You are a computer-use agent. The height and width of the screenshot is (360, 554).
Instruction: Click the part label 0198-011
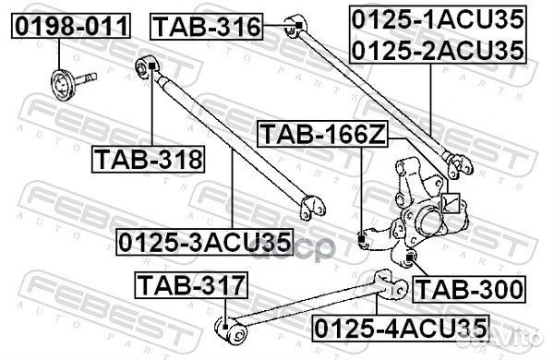[x=69, y=27]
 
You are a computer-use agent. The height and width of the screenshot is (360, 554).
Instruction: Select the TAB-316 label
[x=207, y=27]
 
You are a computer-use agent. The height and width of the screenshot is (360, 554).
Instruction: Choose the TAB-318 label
[x=148, y=161]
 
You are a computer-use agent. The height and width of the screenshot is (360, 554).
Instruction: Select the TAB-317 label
[x=192, y=285]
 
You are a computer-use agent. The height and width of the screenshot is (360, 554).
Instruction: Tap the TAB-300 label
[x=468, y=289]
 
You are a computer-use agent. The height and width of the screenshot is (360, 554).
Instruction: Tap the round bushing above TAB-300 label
[x=412, y=255]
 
